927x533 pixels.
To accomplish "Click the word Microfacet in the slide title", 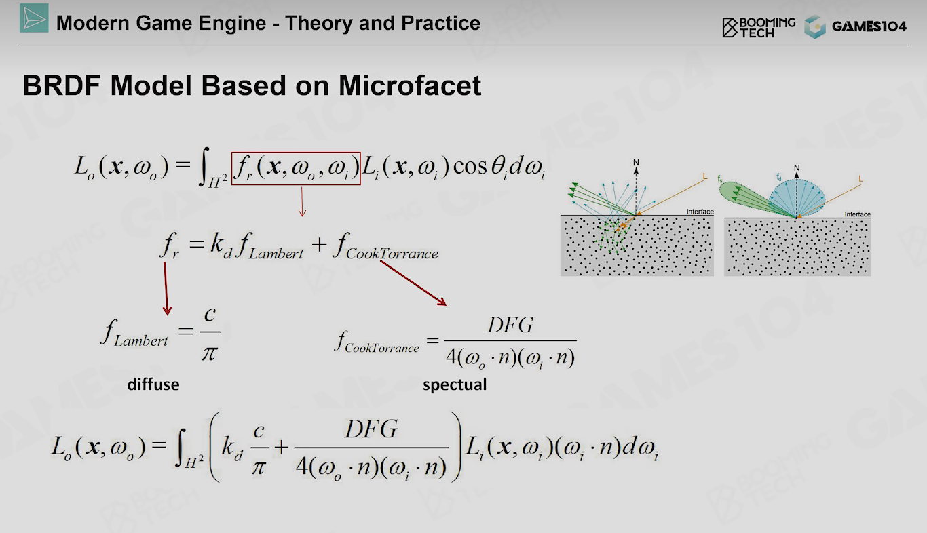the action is [410, 85].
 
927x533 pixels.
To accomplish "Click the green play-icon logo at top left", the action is [34, 18].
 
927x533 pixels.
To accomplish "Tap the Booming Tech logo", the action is [759, 27].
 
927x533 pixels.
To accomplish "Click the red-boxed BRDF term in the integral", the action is [296, 168].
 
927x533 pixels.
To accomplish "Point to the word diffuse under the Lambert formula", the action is [153, 384].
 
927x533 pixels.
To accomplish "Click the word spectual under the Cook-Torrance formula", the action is [455, 385].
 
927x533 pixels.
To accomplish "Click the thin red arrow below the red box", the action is [302, 201].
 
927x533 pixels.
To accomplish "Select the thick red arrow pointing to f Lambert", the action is [166, 289].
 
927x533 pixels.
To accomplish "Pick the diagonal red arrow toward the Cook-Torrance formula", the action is [413, 283].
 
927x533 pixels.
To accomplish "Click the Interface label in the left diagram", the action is [700, 212].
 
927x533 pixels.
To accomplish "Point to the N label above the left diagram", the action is [636, 163].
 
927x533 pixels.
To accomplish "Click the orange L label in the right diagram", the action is [860, 178].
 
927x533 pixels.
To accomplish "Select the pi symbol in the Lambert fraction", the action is [210, 353].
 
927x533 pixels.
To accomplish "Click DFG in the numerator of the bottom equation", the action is [371, 429].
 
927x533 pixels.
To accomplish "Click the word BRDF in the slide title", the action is [62, 85].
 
